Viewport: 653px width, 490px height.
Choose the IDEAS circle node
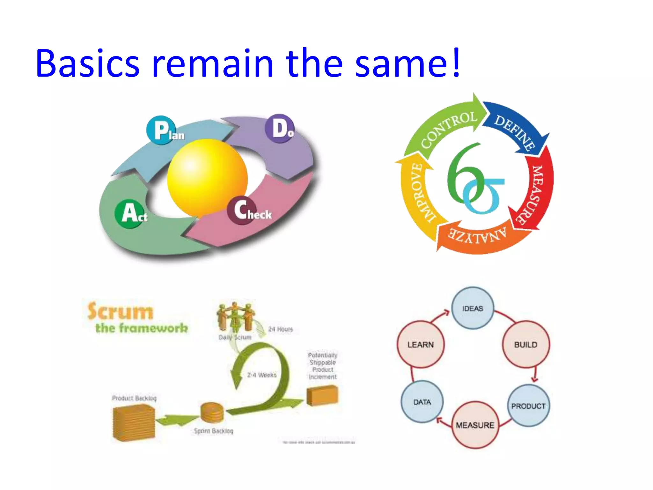pyautogui.click(x=473, y=308)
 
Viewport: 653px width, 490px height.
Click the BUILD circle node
pyautogui.click(x=525, y=345)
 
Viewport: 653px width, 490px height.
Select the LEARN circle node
pyautogui.click(x=421, y=345)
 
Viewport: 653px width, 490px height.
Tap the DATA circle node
pyautogui.click(x=422, y=402)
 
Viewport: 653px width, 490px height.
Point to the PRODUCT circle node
pyautogui.click(x=528, y=406)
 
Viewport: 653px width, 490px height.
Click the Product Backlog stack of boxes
pyautogui.click(x=134, y=423)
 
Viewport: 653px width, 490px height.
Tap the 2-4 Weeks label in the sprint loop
pyautogui.click(x=262, y=375)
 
